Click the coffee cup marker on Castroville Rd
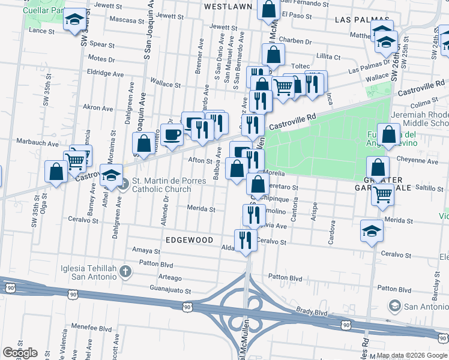(x=172, y=134)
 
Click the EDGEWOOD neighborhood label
(x=190, y=240)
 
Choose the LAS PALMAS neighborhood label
(x=359, y=19)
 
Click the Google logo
(x=20, y=353)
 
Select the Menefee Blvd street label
(x=90, y=329)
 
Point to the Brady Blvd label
(x=312, y=313)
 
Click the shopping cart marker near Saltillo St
(x=382, y=194)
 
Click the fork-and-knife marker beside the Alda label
(x=244, y=241)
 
